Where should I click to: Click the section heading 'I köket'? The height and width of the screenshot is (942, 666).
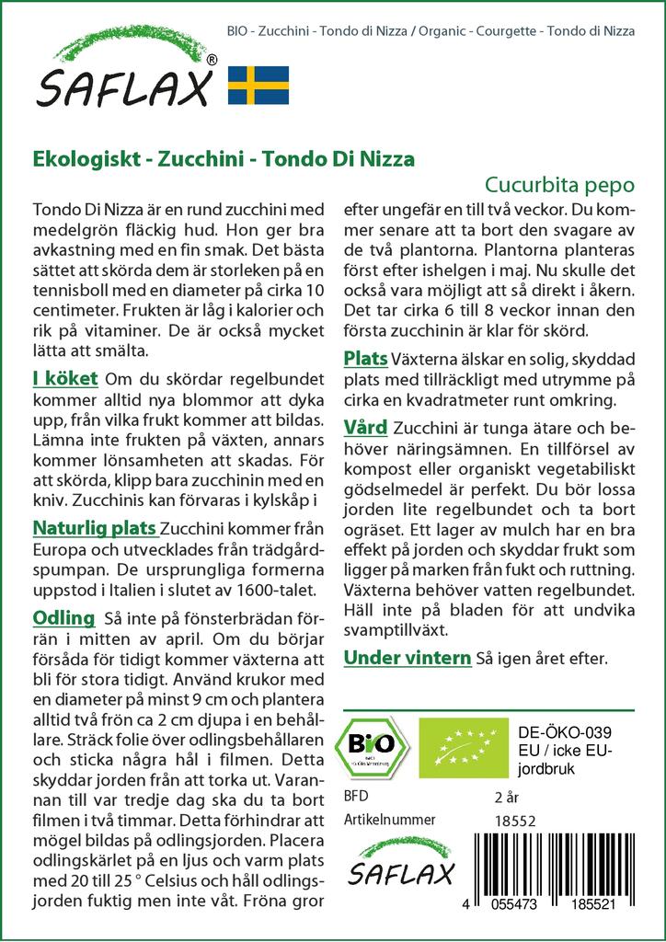[x=65, y=379]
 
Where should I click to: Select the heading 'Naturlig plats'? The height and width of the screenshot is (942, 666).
[x=94, y=529]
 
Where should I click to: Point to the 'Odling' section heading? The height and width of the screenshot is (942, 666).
[x=63, y=617]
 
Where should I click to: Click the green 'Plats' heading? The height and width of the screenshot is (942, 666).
[x=365, y=358]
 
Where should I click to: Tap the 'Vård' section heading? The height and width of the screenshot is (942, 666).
[x=365, y=428]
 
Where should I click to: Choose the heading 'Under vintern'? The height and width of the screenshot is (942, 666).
[x=408, y=658]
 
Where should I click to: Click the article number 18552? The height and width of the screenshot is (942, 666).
[x=514, y=820]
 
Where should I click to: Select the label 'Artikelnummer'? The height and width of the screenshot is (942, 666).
[x=389, y=820]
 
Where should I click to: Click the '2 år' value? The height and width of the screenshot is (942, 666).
[x=507, y=797]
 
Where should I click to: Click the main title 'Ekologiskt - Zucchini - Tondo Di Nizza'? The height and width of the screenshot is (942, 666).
[x=224, y=157]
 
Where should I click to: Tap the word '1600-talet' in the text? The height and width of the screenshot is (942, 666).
[x=275, y=590]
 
